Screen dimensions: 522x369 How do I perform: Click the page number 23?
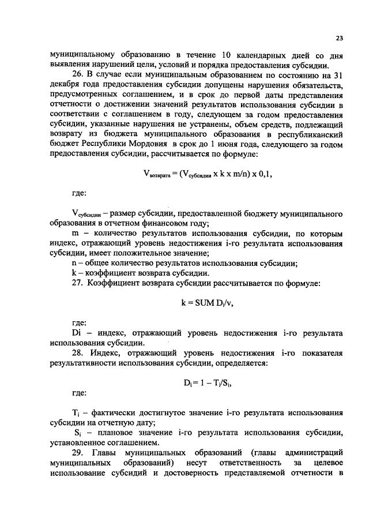click(339, 38)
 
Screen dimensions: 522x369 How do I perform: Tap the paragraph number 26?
click(77, 74)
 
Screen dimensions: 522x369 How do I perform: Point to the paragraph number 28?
click(77, 354)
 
